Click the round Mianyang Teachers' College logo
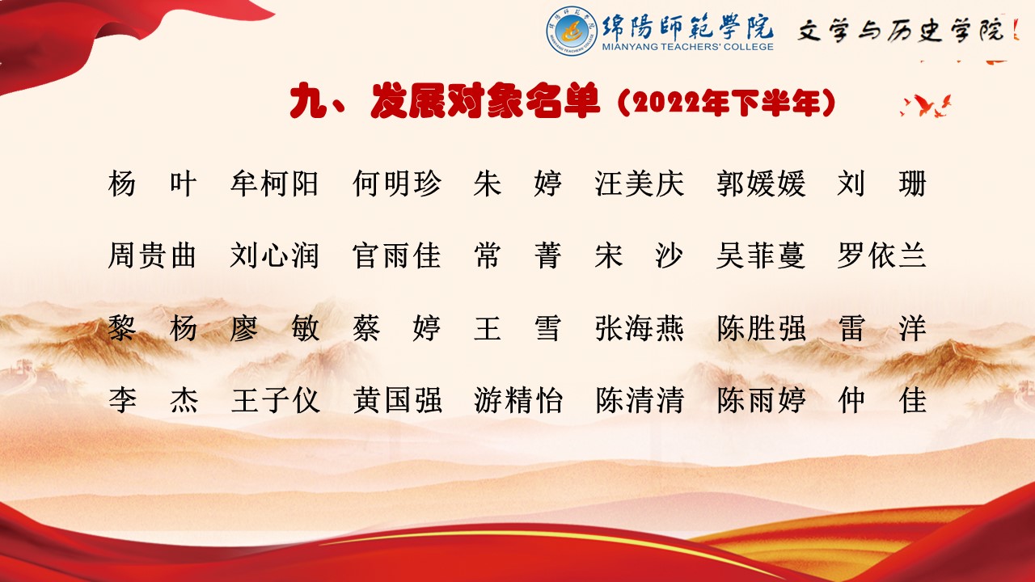(x=572, y=31)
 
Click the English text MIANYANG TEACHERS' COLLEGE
(x=687, y=47)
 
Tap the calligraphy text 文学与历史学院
(x=901, y=31)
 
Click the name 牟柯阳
(x=274, y=183)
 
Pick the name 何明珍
(x=396, y=183)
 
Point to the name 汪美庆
(x=640, y=183)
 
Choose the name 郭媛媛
(x=761, y=183)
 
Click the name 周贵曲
(x=152, y=255)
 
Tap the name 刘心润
(x=274, y=255)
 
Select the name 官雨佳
(x=396, y=255)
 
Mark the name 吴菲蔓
(x=761, y=255)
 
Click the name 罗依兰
(x=882, y=255)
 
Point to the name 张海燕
(x=640, y=328)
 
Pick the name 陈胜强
(x=761, y=328)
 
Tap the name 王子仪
(x=276, y=400)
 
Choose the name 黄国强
(x=397, y=400)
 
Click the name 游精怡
(x=518, y=400)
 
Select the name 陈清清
(x=640, y=400)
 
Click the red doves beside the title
(x=926, y=106)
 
